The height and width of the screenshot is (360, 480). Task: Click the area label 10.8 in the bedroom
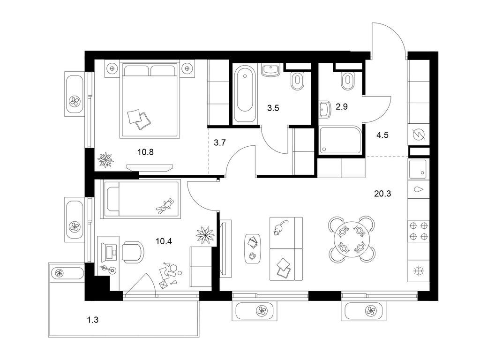pos(146,152)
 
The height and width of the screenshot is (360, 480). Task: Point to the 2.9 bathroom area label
pos(341,107)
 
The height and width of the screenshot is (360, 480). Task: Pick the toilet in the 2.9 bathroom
pos(347,81)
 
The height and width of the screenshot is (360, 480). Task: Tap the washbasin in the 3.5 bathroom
pos(271,70)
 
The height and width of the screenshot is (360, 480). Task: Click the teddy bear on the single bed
pos(165,206)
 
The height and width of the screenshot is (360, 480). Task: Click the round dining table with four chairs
pos(352,239)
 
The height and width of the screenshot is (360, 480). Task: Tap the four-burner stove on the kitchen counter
pos(418,230)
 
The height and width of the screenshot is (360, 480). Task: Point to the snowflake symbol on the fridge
pos(418,270)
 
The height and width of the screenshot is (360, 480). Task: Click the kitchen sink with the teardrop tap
pos(418,190)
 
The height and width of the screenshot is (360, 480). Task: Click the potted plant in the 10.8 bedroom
pos(105,160)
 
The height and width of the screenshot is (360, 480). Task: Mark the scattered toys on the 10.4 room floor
pos(168,274)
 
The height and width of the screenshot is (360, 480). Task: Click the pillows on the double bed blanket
pos(139,119)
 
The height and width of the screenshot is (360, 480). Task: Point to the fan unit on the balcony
pos(60,272)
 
